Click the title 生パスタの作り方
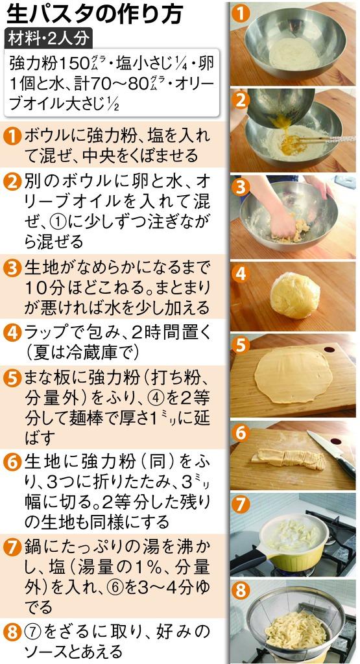95,15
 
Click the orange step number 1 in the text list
13,137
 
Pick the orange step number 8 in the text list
13,634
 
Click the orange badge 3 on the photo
241,187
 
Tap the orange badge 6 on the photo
241,433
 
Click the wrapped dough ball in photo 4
295,295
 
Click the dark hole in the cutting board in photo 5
328,350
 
